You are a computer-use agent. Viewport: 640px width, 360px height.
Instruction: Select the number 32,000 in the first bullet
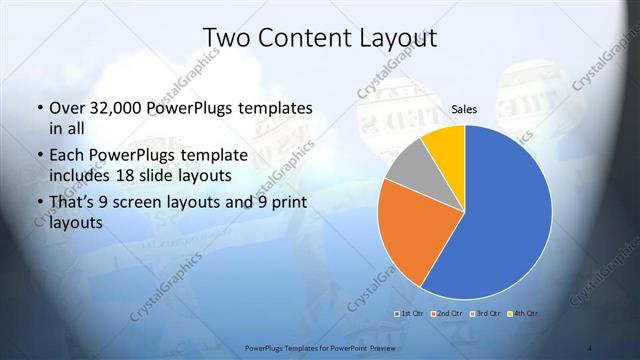112,108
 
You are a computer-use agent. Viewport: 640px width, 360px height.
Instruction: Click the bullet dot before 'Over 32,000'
38,108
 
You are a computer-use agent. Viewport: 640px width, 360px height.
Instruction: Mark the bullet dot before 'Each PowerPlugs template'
38,155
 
